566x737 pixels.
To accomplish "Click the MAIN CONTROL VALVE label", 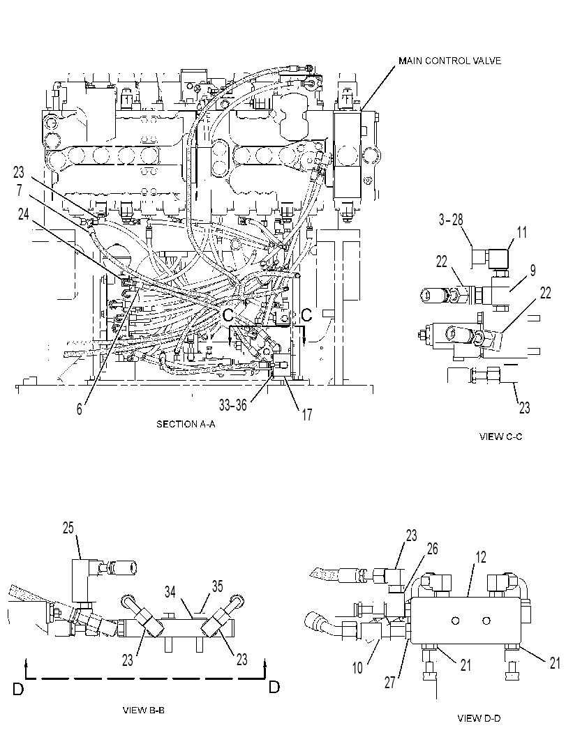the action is [449, 61].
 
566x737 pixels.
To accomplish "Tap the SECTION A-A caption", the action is [186, 424].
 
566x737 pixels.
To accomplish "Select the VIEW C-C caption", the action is [500, 436].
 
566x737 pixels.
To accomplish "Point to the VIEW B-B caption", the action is [144, 710].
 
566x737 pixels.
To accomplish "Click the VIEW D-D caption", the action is [479, 717].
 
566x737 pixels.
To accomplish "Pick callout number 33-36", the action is [233, 404].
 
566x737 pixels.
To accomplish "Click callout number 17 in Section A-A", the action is [306, 415].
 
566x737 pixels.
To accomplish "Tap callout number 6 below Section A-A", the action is [80, 409].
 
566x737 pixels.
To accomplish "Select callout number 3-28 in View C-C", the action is [452, 219].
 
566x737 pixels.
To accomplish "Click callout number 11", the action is [521, 232].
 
